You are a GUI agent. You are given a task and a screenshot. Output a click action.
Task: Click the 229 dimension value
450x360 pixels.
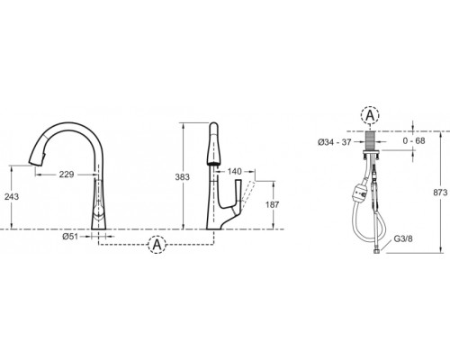point(67,175)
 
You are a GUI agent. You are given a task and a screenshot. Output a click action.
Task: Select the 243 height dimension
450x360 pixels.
point(12,197)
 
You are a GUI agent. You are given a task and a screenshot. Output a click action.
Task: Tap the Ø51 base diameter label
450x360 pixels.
point(70,237)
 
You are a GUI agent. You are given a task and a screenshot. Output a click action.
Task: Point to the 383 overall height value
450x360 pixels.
point(183,177)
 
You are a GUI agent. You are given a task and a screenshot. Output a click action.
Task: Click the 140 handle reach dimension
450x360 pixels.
point(234,171)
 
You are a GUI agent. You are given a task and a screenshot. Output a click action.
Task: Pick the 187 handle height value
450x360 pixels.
point(273,205)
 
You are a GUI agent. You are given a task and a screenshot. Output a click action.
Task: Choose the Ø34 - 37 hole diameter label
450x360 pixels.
point(335,142)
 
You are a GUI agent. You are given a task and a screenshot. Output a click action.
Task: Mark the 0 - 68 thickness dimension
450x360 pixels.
point(414,140)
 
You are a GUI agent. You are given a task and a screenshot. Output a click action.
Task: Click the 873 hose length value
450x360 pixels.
point(440,193)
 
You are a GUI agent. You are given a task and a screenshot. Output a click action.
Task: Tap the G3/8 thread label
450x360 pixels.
point(403,238)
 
